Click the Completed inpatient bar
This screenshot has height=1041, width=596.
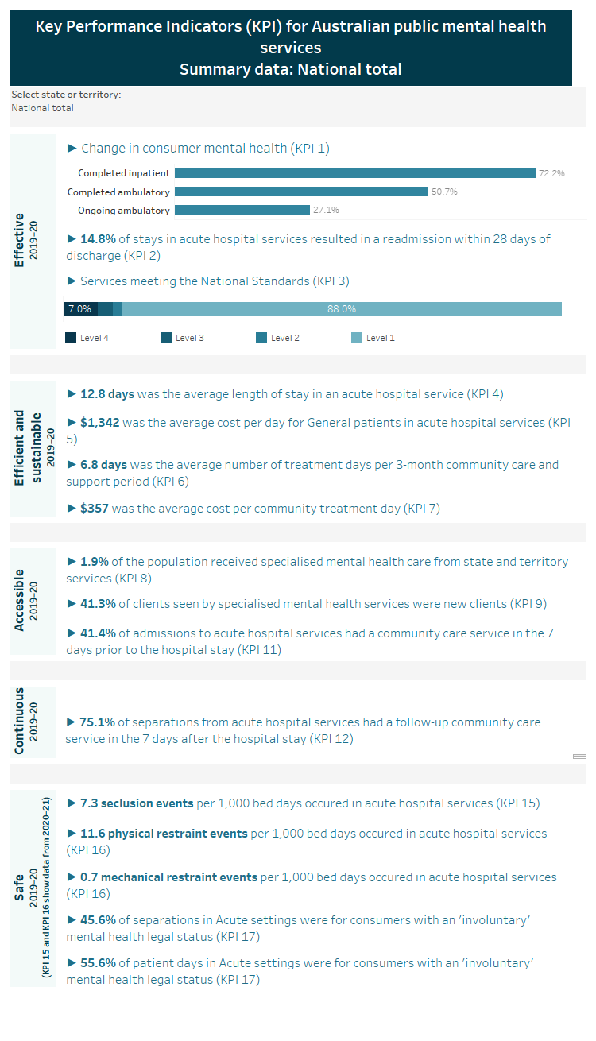[x=354, y=173]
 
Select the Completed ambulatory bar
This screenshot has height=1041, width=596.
[x=301, y=192]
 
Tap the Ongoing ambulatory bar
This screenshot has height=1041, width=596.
[x=242, y=210]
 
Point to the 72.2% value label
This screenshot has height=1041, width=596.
[x=551, y=173]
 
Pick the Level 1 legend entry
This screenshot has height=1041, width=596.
[x=373, y=338]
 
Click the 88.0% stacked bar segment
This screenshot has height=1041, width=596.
[x=342, y=309]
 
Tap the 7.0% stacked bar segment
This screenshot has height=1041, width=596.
[x=79, y=309]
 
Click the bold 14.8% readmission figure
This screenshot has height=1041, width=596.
[x=98, y=238]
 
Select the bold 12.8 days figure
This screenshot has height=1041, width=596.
[x=107, y=393]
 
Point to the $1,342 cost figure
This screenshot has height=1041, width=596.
[x=99, y=422]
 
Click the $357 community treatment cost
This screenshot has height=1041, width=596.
[x=95, y=508]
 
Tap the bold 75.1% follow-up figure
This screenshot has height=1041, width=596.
[x=98, y=722]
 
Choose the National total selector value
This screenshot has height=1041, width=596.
[x=42, y=108]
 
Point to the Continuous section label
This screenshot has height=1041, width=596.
[x=20, y=721]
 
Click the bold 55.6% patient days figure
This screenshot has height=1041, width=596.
[x=98, y=962]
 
